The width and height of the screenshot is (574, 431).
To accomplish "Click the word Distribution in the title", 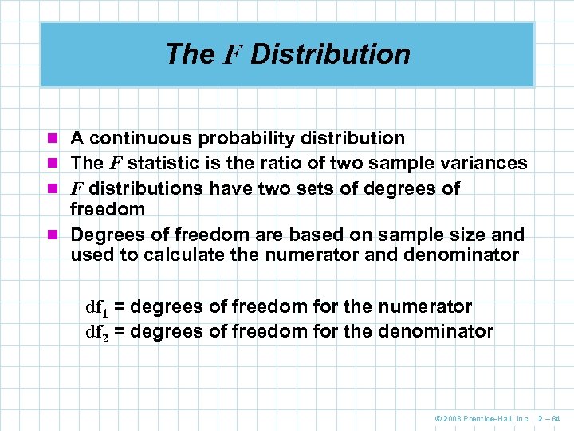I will point(330,54).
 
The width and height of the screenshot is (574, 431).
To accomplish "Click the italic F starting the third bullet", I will point(77,188).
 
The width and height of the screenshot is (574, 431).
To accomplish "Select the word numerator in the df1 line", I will point(426,307).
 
